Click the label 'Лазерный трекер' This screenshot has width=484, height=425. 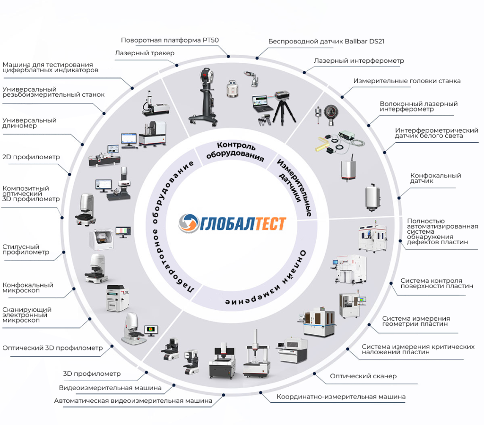pos(145,53)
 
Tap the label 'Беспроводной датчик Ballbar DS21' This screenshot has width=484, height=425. pos(326,41)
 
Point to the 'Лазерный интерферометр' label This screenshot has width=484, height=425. pos(359,61)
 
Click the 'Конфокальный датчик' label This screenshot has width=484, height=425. pos(435,178)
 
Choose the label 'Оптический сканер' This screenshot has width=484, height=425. pos(363,376)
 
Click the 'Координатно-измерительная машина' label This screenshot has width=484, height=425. pos(341,397)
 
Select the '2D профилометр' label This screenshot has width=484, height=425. pos(31,157)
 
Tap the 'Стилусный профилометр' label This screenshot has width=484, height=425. pos(26,249)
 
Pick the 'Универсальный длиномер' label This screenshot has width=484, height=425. pos(29,123)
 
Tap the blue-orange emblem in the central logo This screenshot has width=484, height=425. pos(189,223)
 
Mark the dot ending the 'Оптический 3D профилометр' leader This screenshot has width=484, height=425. pos(112,347)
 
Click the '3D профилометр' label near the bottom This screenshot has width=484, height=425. pos(92,374)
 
